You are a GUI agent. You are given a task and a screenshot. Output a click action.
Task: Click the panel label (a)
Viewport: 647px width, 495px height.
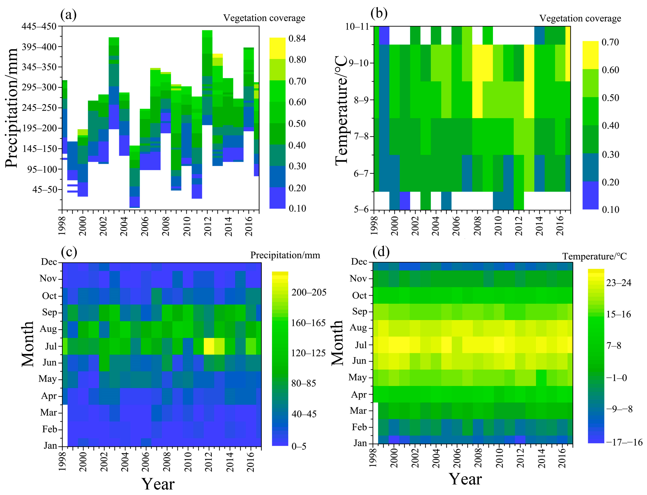[68, 15]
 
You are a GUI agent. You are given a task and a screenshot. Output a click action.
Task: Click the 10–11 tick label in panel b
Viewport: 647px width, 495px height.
[357, 27]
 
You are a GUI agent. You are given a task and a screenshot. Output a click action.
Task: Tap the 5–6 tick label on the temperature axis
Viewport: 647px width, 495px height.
[361, 209]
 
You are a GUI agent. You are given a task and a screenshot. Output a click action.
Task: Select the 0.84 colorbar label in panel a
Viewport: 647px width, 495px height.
[297, 38]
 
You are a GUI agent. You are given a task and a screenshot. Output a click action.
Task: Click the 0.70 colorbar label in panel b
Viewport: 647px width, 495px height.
[610, 42]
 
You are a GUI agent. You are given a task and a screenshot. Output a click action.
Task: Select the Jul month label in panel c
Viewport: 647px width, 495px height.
[51, 346]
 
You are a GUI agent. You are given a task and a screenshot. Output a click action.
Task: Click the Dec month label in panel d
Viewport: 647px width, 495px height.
[359, 262]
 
